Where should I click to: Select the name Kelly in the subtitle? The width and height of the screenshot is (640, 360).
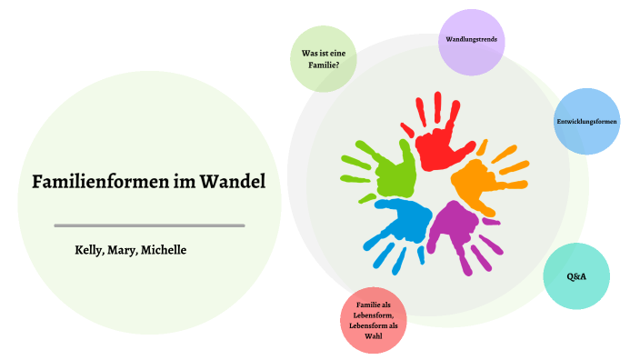tap(90, 249)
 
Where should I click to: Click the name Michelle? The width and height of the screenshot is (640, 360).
tap(164, 249)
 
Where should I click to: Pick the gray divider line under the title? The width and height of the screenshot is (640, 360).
tap(149, 225)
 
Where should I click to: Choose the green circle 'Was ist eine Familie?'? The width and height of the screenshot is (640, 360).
tap(323, 58)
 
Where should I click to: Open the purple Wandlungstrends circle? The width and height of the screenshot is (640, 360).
tap(470, 41)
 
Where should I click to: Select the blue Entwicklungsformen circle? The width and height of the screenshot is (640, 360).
tap(587, 122)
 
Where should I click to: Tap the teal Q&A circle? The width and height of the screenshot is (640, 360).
tap(575, 275)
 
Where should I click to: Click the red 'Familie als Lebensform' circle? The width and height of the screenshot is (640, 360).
tap(373, 320)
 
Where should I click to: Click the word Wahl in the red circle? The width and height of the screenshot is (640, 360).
tap(373, 336)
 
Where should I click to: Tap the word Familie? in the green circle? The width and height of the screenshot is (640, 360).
tap(323, 65)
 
